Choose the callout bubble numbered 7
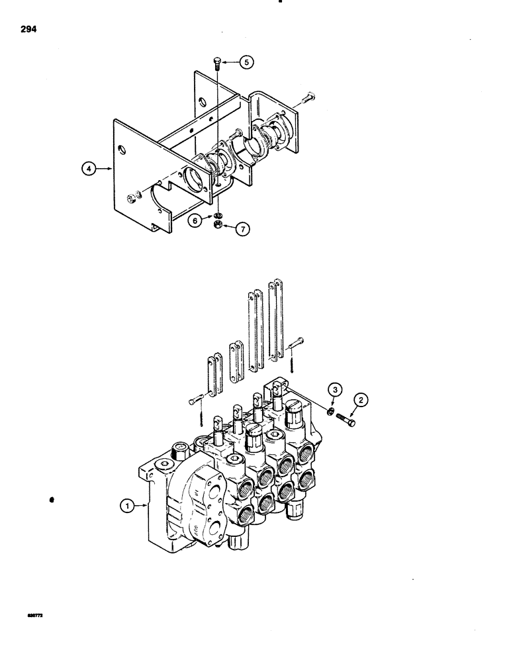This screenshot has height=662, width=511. [x=242, y=229]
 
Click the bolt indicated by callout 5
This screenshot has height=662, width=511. [x=216, y=64]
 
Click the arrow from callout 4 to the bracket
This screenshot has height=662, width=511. [x=106, y=169]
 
